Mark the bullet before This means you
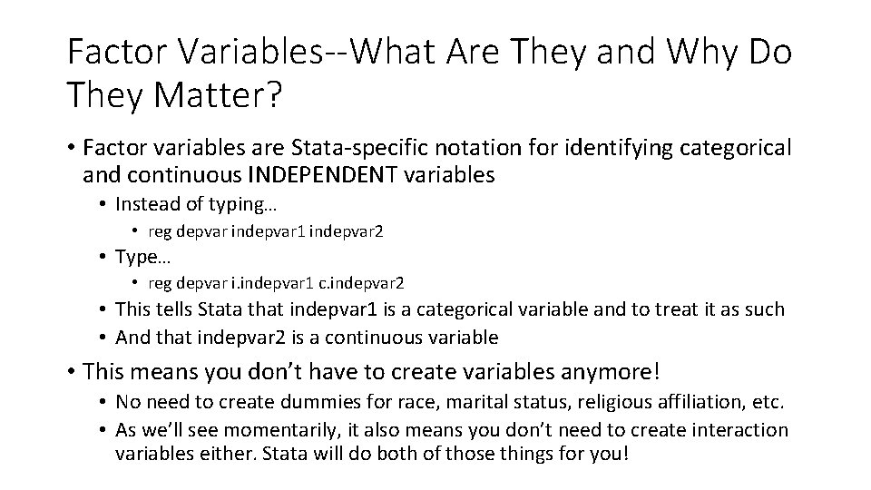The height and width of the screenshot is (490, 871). [x=72, y=371]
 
